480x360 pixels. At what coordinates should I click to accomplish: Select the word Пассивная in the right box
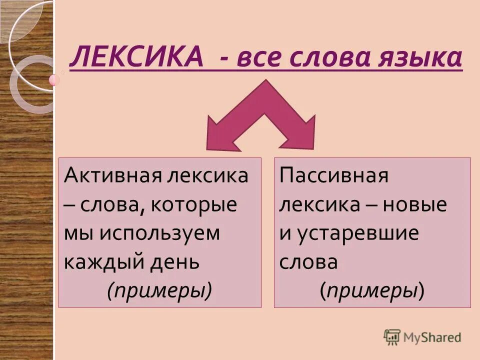334,176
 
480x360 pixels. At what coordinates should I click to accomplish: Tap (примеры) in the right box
372,290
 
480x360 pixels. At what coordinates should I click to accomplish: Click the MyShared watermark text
432,337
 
